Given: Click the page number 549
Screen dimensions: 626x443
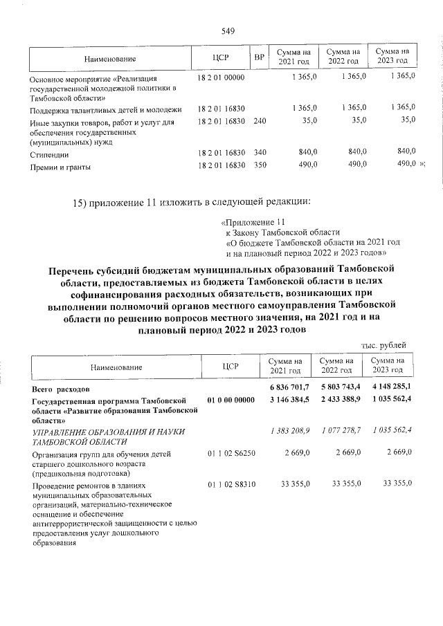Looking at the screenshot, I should click(228, 30).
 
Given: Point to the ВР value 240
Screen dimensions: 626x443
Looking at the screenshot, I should click(260, 121).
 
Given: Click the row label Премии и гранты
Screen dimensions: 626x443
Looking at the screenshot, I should click(60, 167).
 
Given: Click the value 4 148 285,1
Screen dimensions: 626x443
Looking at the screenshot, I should click(389, 387).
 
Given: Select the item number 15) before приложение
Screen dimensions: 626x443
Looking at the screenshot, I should click(82, 202).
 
